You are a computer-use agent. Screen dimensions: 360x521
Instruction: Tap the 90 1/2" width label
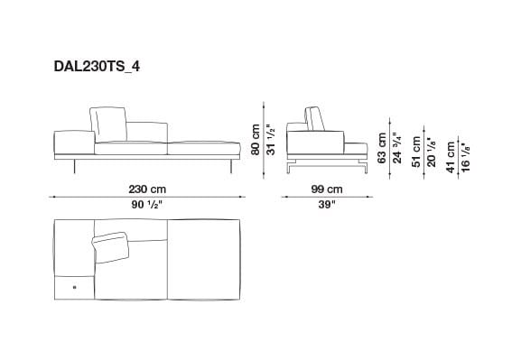click(144, 205)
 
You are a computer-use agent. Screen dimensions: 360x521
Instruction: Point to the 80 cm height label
click(256, 140)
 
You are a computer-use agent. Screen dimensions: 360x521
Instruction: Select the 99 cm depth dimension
click(327, 189)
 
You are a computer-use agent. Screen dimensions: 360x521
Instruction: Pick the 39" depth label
click(327, 205)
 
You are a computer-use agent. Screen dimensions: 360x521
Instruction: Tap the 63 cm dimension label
click(382, 146)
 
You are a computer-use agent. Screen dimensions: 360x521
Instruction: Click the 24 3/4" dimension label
click(396, 146)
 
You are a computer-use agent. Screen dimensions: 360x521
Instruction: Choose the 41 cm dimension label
click(451, 155)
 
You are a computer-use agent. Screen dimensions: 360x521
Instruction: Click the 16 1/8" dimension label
click(465, 155)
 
